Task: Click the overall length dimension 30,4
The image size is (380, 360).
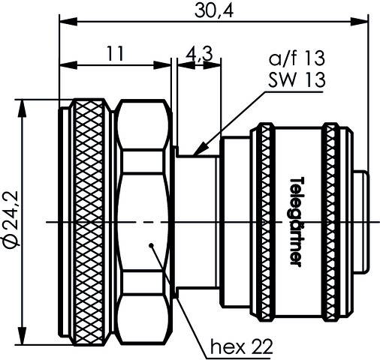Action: click(214, 10)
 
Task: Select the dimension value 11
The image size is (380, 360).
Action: click(115, 54)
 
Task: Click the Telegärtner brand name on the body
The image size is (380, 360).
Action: click(297, 220)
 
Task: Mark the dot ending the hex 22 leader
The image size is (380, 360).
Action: click(152, 244)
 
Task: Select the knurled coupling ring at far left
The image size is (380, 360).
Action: click(89, 220)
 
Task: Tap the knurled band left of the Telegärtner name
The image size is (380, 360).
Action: click(264, 220)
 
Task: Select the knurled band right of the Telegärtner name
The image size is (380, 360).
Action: click(332, 220)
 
